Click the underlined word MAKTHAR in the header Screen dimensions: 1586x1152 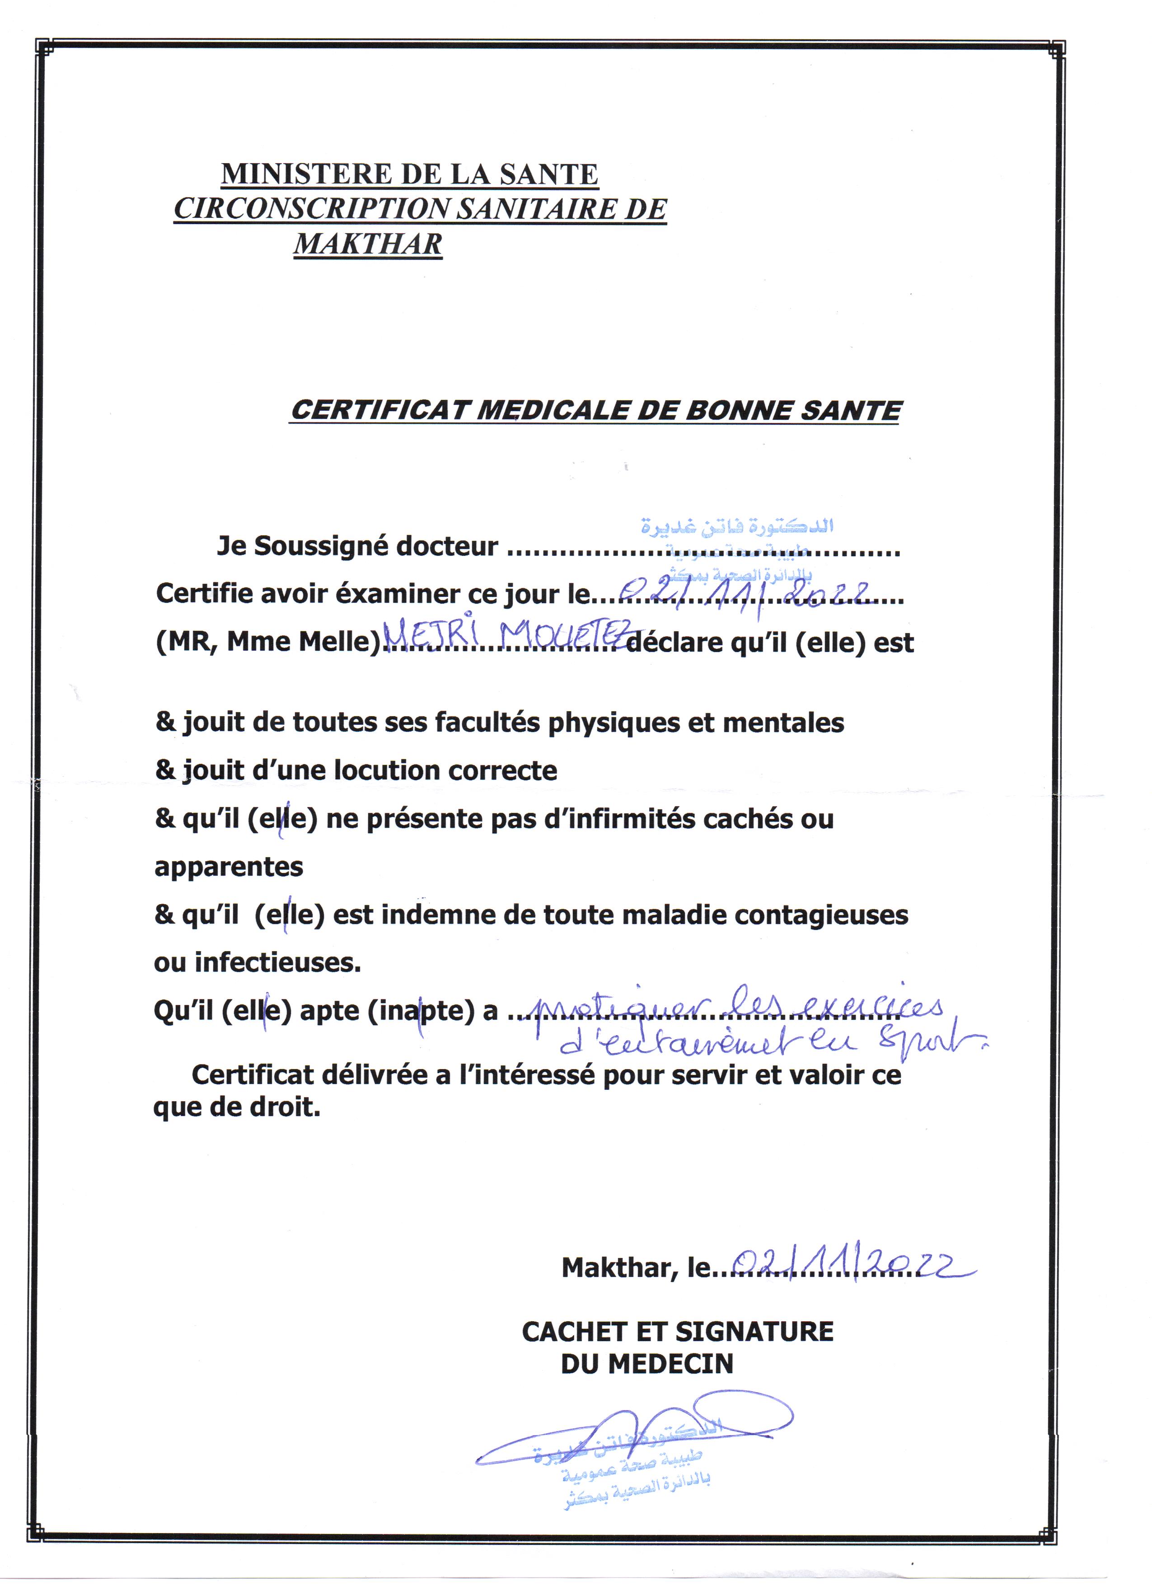(368, 244)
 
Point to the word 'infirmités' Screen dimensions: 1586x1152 (618, 818)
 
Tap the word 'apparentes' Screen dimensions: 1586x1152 (229, 867)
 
